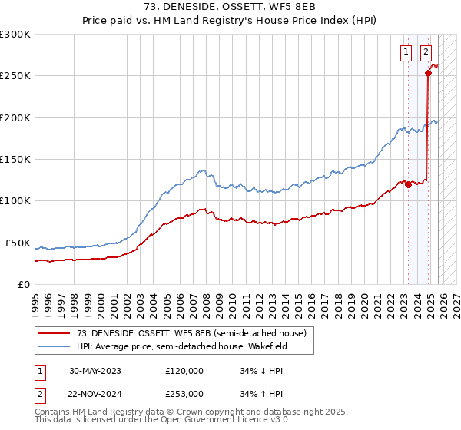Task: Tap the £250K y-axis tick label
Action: (x=15, y=76)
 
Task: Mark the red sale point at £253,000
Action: (x=428, y=74)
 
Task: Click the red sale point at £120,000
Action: (x=408, y=184)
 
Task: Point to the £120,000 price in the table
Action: (x=184, y=370)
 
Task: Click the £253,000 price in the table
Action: (x=184, y=393)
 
